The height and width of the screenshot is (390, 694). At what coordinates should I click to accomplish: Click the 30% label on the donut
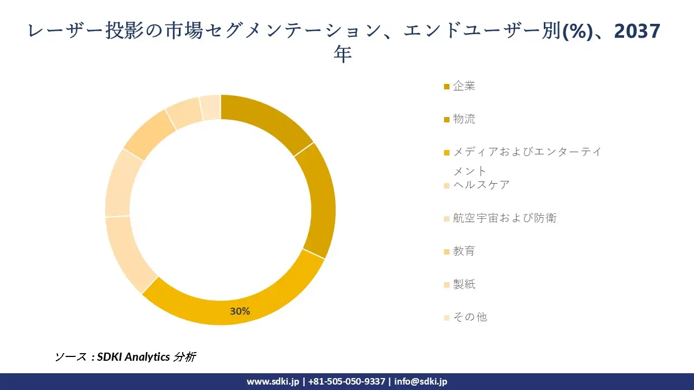240,311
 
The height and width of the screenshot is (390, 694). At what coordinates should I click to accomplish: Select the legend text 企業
464,86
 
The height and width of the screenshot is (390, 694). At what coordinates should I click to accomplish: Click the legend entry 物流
464,119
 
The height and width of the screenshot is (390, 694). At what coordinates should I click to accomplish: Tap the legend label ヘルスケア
481,185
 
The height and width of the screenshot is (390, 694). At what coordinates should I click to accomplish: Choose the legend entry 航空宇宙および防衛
505,218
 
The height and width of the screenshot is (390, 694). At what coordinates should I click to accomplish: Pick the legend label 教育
464,251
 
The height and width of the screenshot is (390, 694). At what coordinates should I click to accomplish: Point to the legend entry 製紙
464,284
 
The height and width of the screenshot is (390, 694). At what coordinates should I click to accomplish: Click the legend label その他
470,317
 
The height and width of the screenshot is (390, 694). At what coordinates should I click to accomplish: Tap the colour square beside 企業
446,87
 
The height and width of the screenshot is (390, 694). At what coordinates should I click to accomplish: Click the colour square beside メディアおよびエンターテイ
446,153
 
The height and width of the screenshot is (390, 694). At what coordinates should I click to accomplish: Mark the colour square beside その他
446,318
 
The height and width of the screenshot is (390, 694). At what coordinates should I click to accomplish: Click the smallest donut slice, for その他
210,107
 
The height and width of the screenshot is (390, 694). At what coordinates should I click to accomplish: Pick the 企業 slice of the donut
266,119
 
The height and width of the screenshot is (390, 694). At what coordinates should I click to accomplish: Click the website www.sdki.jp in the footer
273,381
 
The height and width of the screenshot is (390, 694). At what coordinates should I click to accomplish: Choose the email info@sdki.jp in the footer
421,381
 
